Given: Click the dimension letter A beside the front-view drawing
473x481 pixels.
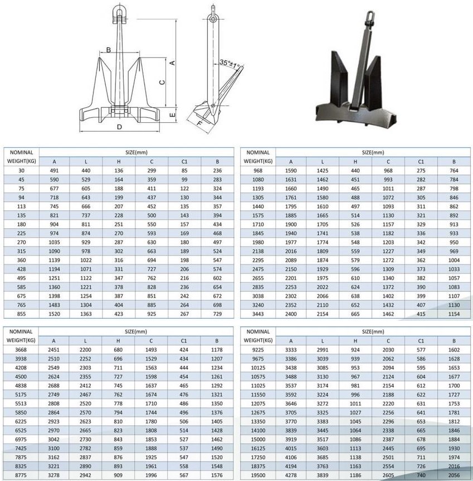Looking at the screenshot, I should pyautogui.click(x=173, y=63).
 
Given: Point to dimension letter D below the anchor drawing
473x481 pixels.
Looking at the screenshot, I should pyautogui.click(x=119, y=127).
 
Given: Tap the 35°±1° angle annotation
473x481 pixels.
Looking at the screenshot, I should pyautogui.click(x=232, y=62).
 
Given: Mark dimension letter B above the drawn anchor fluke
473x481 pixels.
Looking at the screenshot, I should pyautogui.click(x=109, y=50).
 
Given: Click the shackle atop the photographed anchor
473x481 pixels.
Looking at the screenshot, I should pyautogui.click(x=368, y=17).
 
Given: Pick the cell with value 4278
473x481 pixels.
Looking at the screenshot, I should pyautogui.click(x=290, y=475).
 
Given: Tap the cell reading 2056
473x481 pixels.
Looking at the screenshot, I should pyautogui.click(x=454, y=475).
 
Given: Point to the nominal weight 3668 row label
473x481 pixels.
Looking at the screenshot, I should pyautogui.click(x=21, y=350).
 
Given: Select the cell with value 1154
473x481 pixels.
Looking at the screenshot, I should pyautogui.click(x=454, y=315).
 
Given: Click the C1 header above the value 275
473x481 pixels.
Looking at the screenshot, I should pyautogui.click(x=421, y=162).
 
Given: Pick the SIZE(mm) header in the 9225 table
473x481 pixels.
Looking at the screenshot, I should pyautogui.click(x=373, y=331).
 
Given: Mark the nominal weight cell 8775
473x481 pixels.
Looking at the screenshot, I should pyautogui.click(x=21, y=475).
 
